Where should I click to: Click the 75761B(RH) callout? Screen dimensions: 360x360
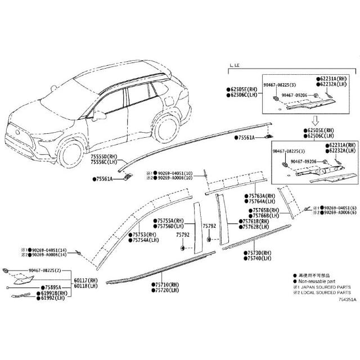point(257,222)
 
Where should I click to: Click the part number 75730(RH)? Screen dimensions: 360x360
point(258,253)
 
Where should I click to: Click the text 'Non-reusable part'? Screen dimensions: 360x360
point(320,281)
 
